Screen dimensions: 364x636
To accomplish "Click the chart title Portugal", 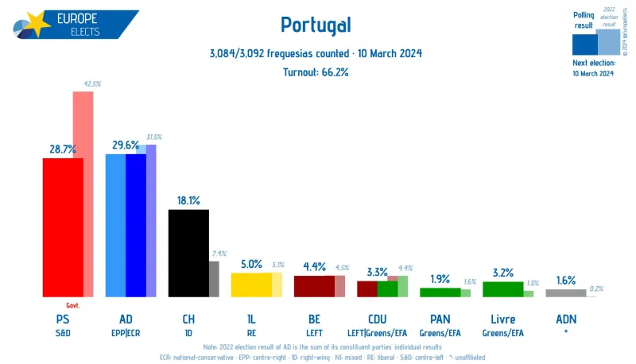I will [316, 25].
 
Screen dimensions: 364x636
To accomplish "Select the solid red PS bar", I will [63, 227].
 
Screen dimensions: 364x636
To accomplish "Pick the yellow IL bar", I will [251, 285].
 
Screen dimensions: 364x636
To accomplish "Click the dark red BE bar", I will [314, 286].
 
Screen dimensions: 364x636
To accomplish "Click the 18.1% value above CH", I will [188, 200].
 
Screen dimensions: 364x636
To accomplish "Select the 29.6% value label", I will [126, 145].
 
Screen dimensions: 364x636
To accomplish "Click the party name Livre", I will [502, 319].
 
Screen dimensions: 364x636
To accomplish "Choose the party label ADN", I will [566, 319].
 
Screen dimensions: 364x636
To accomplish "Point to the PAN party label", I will [440, 319].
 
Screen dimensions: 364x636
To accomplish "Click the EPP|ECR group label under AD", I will [126, 333].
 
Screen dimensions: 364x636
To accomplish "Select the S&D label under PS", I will [63, 333].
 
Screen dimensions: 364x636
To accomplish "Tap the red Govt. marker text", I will [72, 304].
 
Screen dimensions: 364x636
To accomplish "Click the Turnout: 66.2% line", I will [316, 72].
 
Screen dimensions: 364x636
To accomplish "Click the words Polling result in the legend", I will [584, 20].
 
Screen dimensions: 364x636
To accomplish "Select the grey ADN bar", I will [566, 292].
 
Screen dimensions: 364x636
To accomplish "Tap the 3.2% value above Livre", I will [502, 273].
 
